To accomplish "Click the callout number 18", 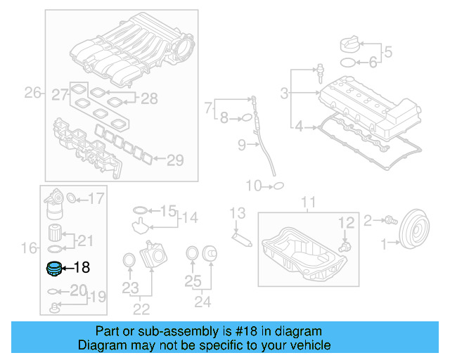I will click(82, 267).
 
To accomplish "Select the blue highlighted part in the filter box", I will click(53, 268).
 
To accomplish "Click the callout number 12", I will click(346, 222).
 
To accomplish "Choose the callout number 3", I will click(284, 93).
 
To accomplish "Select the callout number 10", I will click(253, 186).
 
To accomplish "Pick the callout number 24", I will click(202, 303).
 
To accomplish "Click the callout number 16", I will click(29, 247).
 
